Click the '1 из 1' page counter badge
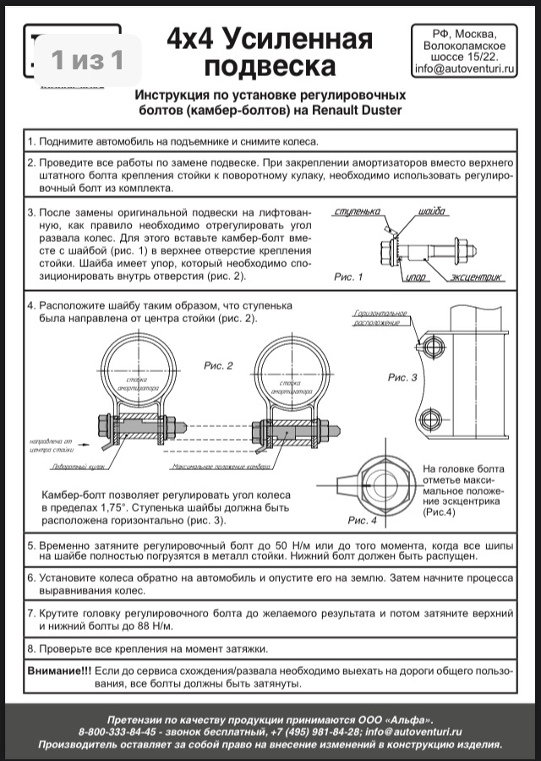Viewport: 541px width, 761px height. coord(87,59)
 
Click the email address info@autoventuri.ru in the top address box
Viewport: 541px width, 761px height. coord(464,71)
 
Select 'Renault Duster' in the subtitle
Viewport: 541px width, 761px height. coord(356,110)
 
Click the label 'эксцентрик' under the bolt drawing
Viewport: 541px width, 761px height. coord(476,276)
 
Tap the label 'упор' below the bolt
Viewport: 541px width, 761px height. coord(415,277)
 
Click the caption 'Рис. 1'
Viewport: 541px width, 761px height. coord(347,276)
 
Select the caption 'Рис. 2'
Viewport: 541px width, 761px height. coord(218,365)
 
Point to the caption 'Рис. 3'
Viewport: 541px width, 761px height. coord(402,377)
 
